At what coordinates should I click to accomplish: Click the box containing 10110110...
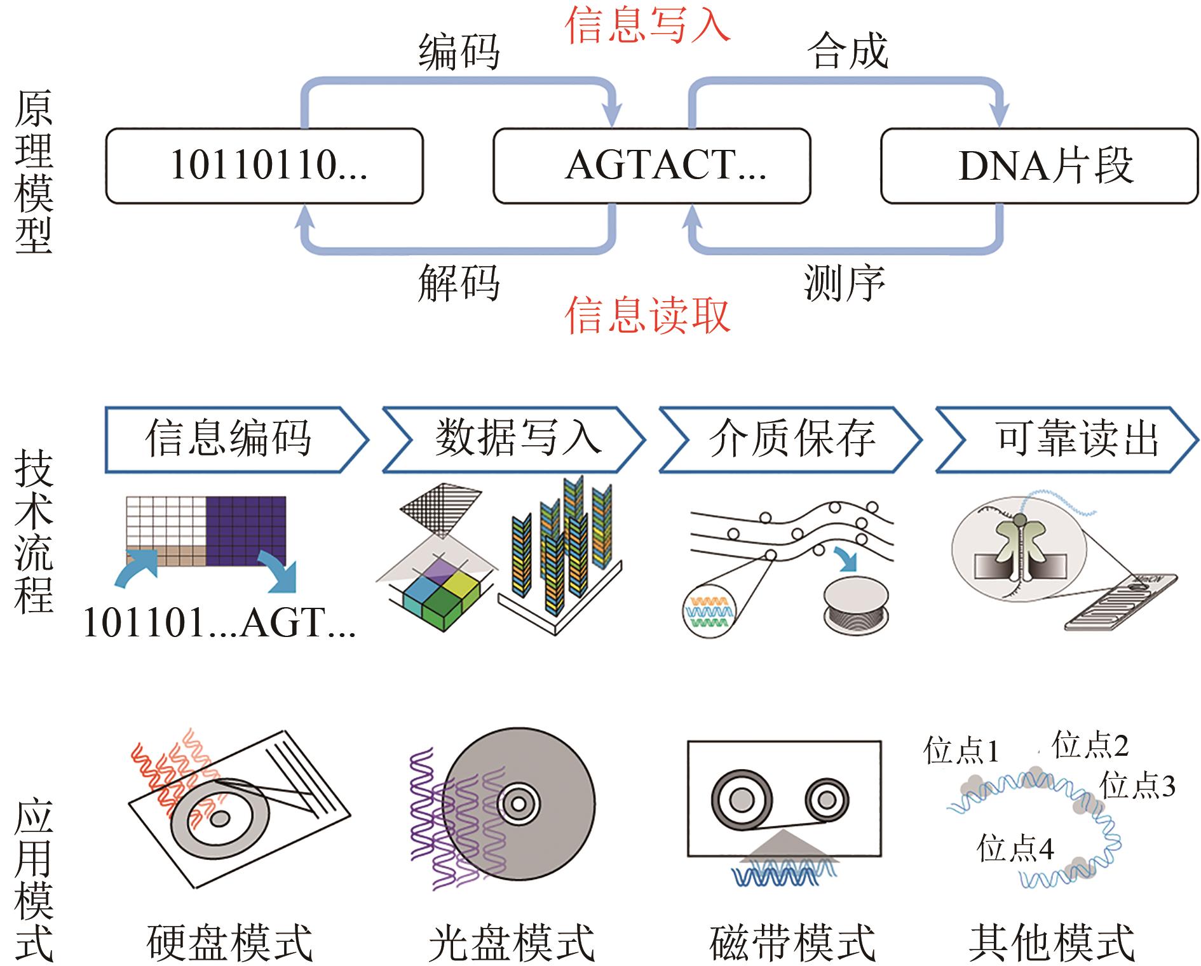[264, 166]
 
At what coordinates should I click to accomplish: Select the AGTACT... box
[651, 166]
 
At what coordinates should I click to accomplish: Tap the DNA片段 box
[1039, 166]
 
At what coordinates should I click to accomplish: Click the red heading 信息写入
[648, 25]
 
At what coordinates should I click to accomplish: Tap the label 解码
[459, 283]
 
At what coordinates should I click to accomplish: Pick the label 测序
[845, 283]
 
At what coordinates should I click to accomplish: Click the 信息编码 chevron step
[229, 439]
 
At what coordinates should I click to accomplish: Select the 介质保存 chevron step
[791, 439]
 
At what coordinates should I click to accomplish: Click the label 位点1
[961, 751]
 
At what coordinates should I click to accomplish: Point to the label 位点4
[1015, 848]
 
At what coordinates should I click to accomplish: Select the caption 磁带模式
[792, 943]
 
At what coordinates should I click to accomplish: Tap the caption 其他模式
[1052, 943]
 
